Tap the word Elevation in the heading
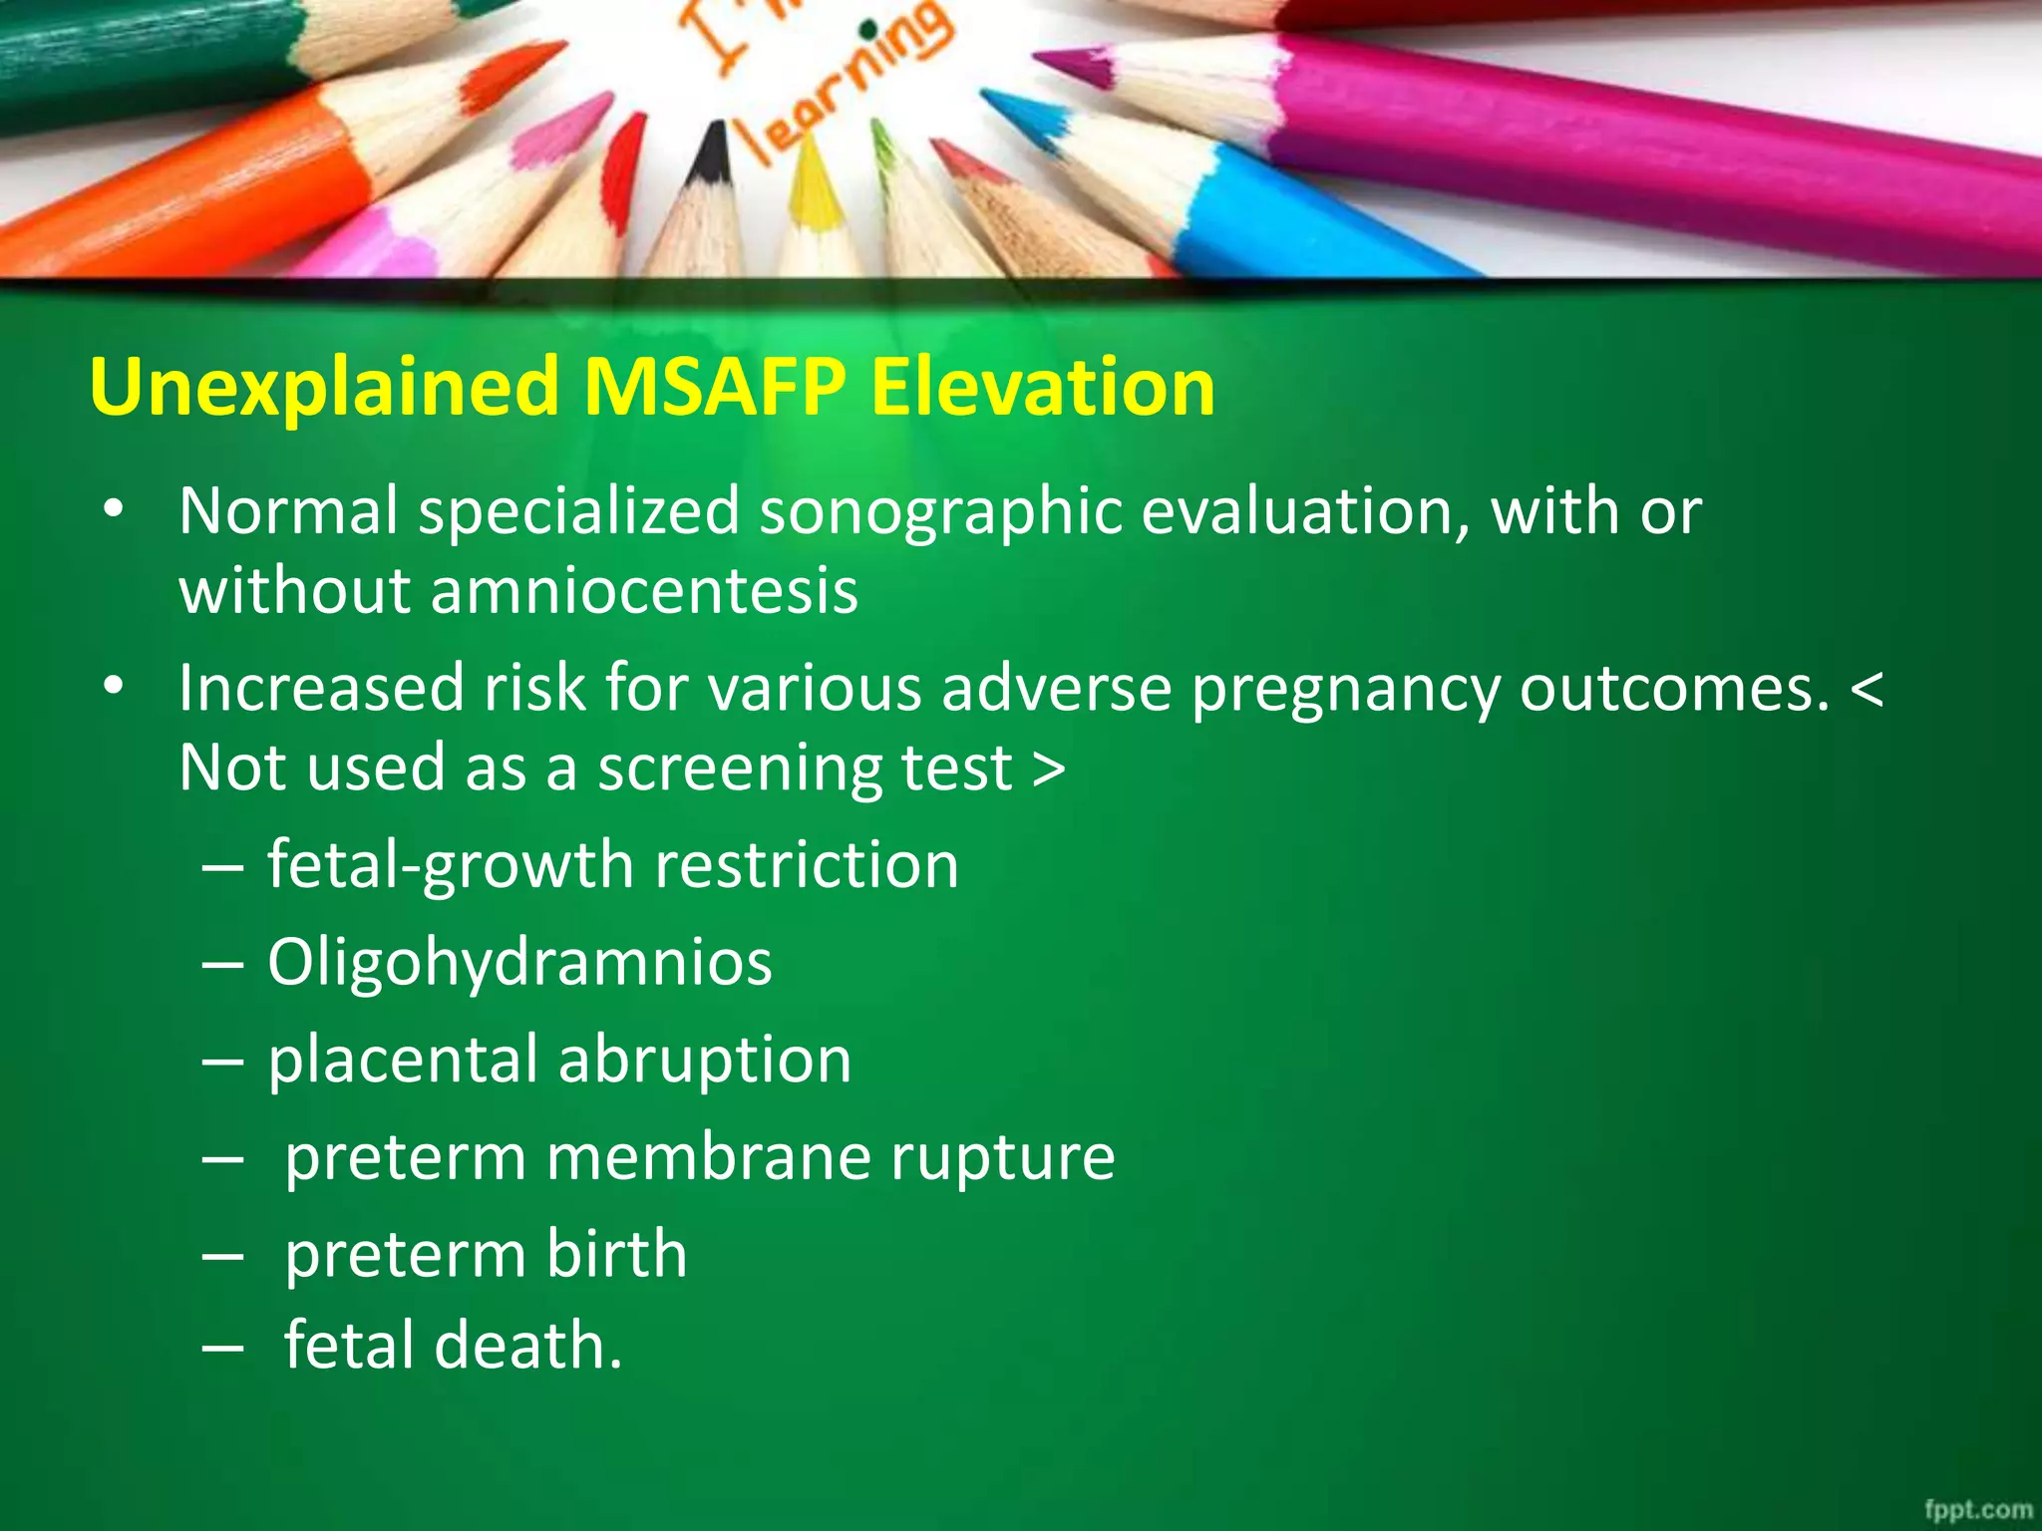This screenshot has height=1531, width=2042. click(1043, 387)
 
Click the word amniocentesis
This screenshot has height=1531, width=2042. click(644, 591)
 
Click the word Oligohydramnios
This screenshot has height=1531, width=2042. click(519, 964)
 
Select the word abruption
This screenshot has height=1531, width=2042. click(705, 1060)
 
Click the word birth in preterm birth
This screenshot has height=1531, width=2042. click(616, 1254)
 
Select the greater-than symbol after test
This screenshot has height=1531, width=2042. click(1048, 769)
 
